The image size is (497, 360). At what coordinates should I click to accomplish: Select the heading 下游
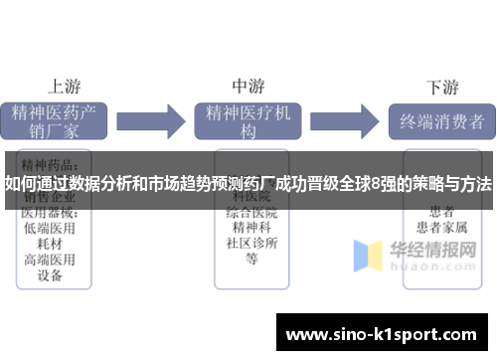point(442,85)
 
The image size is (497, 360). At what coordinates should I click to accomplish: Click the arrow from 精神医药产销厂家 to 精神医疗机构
point(158,121)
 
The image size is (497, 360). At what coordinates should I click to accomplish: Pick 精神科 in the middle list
point(250,228)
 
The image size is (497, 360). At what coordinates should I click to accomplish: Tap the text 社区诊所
point(250,244)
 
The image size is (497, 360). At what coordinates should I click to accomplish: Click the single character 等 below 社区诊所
point(250,260)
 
